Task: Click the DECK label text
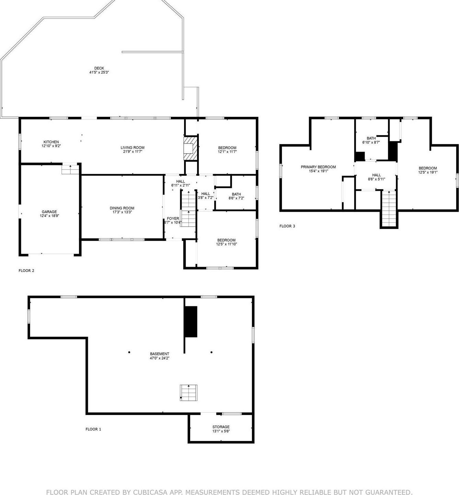[99, 68]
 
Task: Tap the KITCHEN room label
[51, 142]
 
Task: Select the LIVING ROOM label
[132, 148]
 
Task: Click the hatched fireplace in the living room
[191, 148]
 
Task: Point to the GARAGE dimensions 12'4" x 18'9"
[49, 216]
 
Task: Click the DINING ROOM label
[122, 208]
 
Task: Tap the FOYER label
[173, 219]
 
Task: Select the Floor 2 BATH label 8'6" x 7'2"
[236, 194]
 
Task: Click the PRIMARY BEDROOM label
[318, 167]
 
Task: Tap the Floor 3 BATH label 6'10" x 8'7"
[371, 138]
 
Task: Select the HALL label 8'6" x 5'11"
[376, 175]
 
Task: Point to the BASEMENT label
[159, 354]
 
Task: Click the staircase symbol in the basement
[188, 393]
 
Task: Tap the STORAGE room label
[221, 427]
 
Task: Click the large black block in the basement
[191, 321]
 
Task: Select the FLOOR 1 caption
[93, 429]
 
